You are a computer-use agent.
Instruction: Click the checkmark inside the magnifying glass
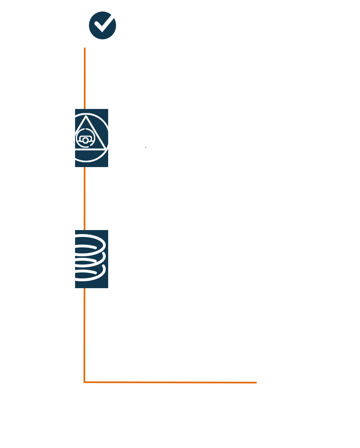pos(103,25)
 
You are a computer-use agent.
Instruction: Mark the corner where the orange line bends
pos(84,382)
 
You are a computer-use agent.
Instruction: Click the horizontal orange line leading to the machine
pos(170,382)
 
